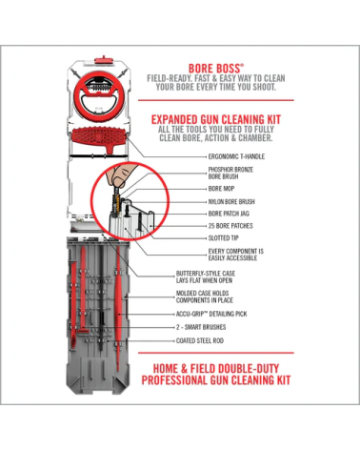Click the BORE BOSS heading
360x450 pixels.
point(216,69)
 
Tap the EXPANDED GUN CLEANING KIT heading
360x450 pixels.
point(216,119)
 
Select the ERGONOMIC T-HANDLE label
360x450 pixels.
point(236,156)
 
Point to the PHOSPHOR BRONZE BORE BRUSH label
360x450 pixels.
point(230,173)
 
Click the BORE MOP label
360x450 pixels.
point(221,189)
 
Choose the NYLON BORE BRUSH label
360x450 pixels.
point(231,201)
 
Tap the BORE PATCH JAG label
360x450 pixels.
point(229,214)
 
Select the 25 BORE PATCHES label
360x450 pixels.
point(230,226)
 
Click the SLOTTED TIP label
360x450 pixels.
point(224,238)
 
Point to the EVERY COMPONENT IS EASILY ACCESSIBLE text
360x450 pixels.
point(235,255)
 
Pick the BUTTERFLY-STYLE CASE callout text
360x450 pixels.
point(206,276)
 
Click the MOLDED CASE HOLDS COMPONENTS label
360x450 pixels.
point(205,297)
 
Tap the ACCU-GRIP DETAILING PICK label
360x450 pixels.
point(211,314)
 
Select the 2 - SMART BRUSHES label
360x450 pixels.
point(201,327)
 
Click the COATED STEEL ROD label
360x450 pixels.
point(200,340)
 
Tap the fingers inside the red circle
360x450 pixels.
point(122,175)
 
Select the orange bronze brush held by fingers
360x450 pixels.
point(116,203)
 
